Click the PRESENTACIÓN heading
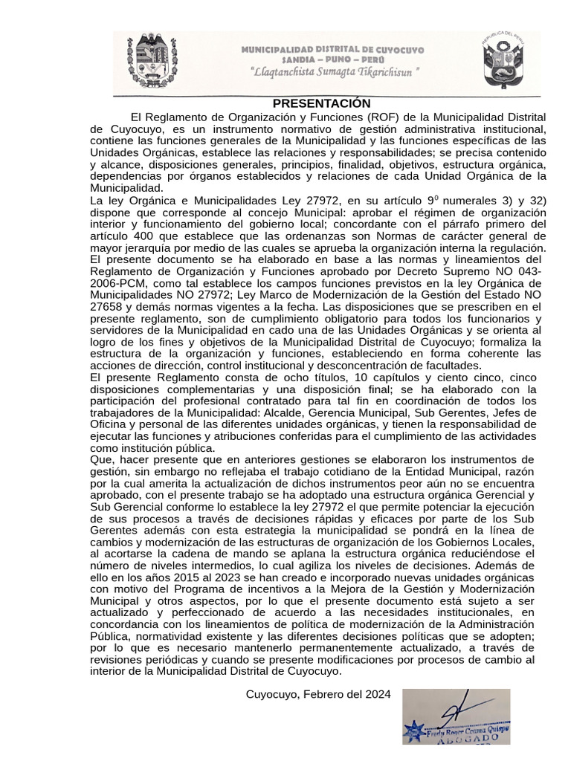point(321,103)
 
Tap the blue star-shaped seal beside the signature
point(414,731)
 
